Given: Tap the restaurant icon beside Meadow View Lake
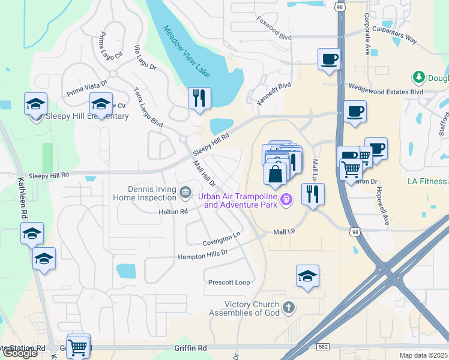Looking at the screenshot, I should click(x=199, y=98).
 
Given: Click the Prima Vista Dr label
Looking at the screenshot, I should click(x=87, y=89).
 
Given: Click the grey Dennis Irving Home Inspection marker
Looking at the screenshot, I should click(x=185, y=192).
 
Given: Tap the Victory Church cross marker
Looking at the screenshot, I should click(x=288, y=308).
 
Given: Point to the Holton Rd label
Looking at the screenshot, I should click(x=173, y=212).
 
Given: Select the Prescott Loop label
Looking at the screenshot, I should click(x=229, y=282).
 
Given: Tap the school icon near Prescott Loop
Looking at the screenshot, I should click(x=307, y=277).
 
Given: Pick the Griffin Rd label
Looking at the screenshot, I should click(x=190, y=347).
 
